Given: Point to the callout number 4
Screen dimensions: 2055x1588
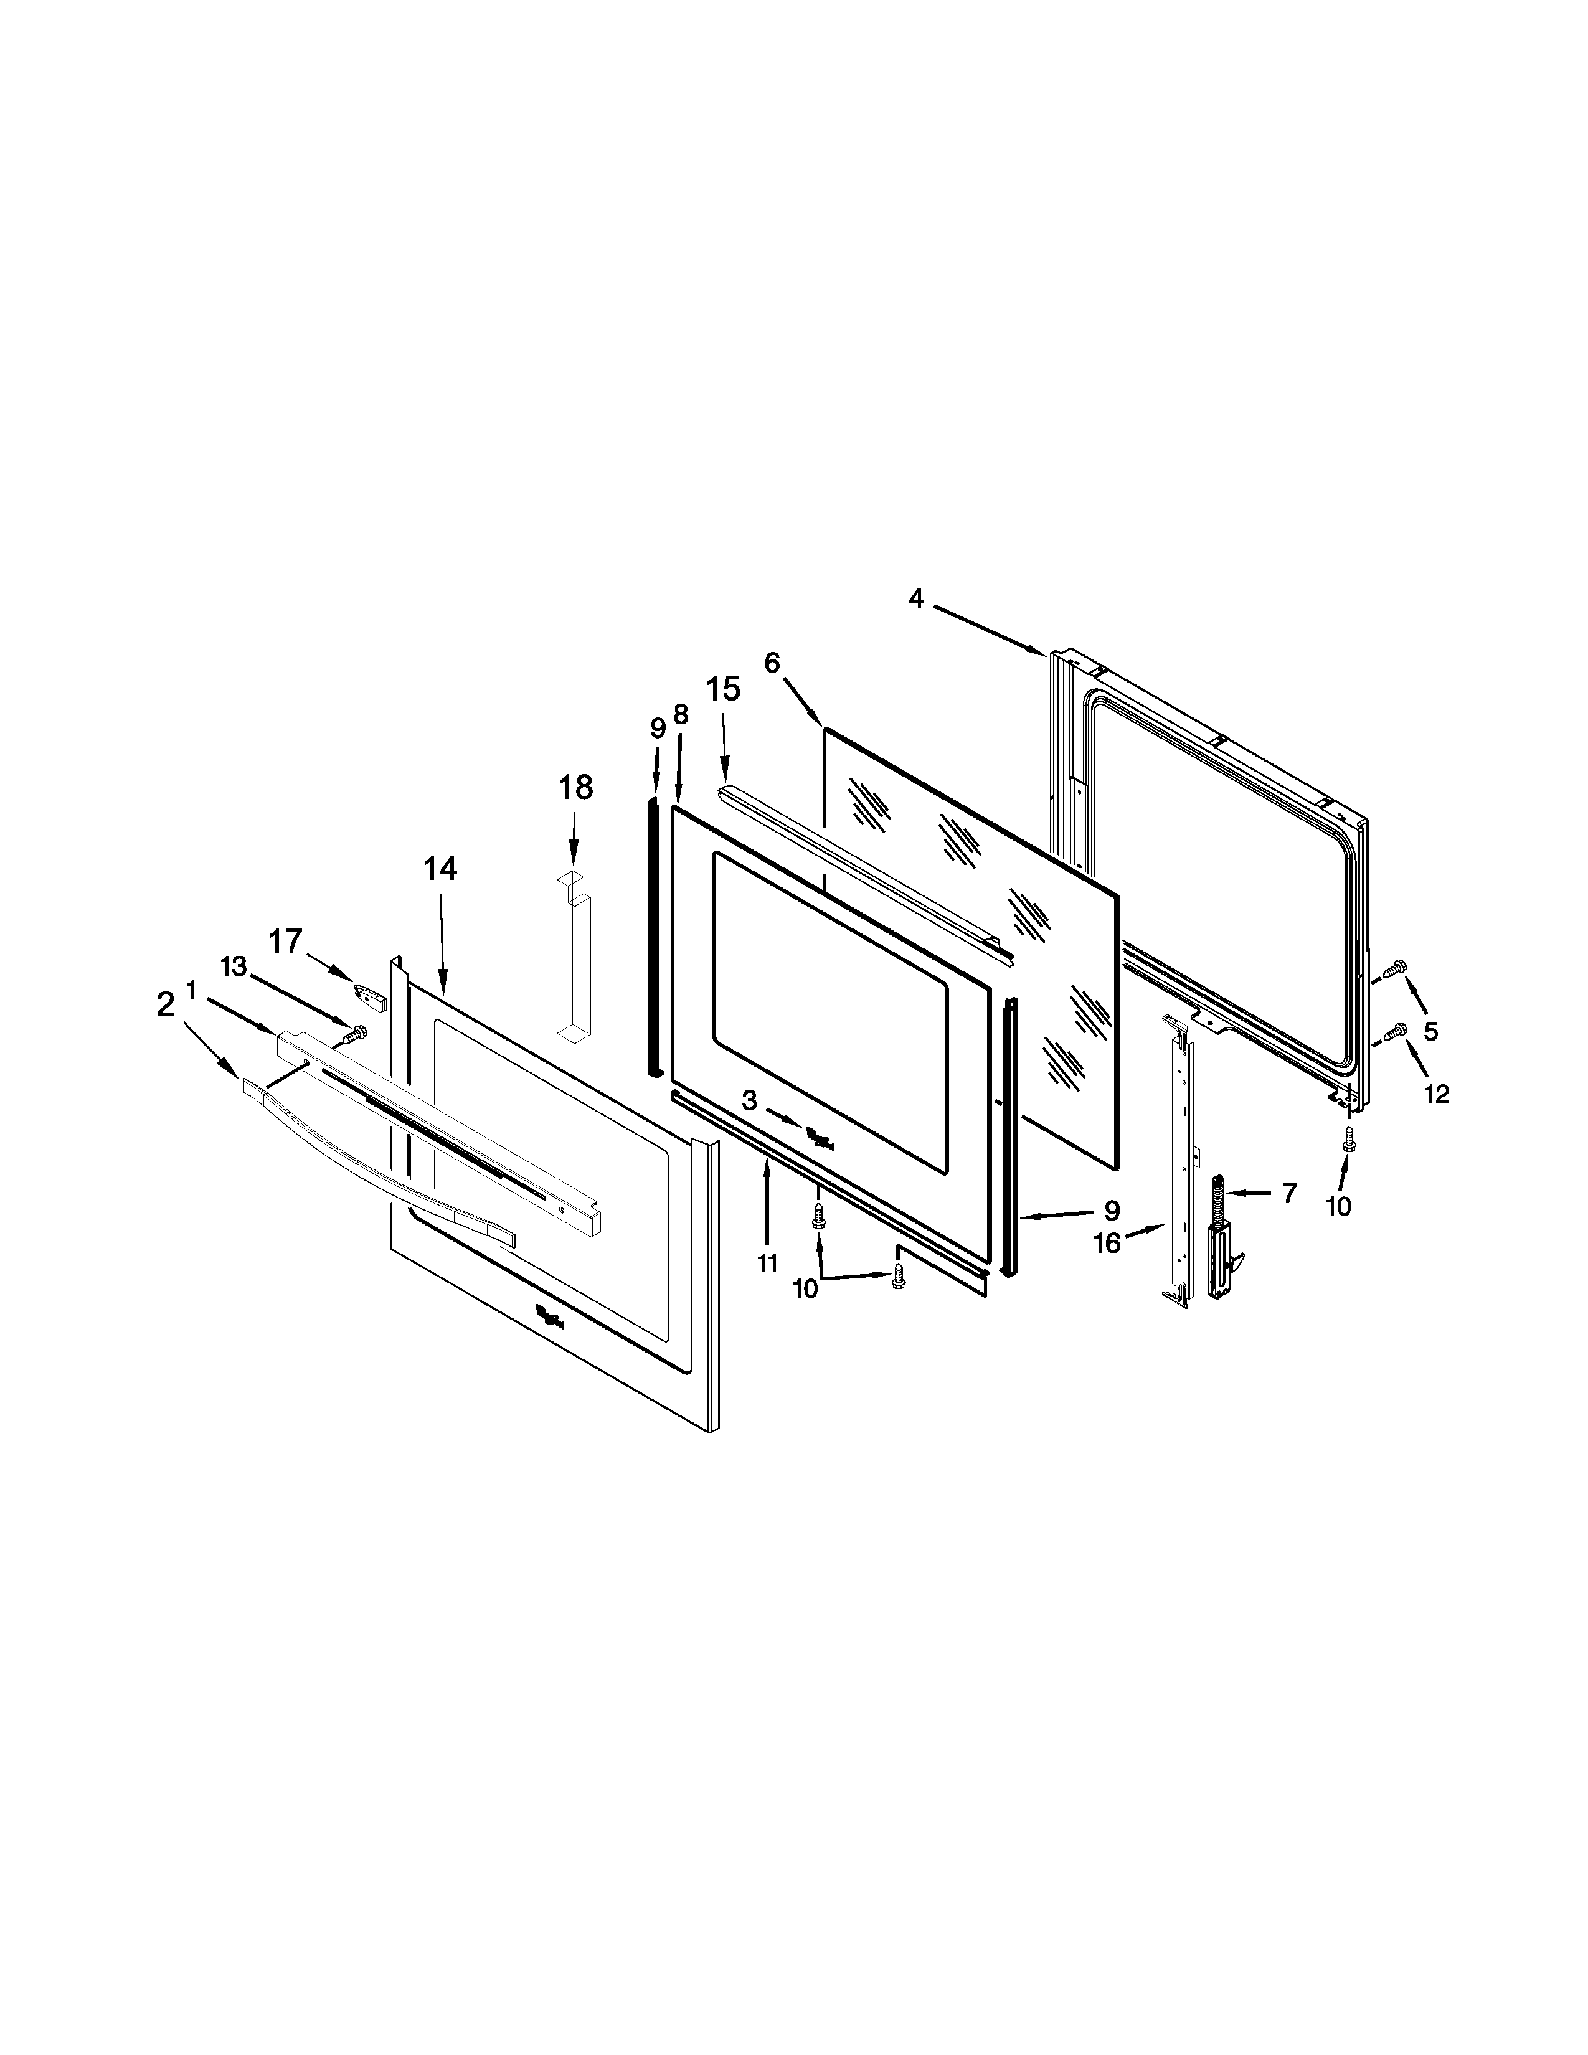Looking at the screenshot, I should pos(916,598).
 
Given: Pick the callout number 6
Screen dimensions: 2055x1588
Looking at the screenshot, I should pos(772,663).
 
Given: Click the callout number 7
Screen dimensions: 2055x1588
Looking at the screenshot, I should pos(1288,1193).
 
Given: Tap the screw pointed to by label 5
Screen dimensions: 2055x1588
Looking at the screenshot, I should pos(1396,965).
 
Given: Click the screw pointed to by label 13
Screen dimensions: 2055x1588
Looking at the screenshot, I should pos(355,1034).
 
